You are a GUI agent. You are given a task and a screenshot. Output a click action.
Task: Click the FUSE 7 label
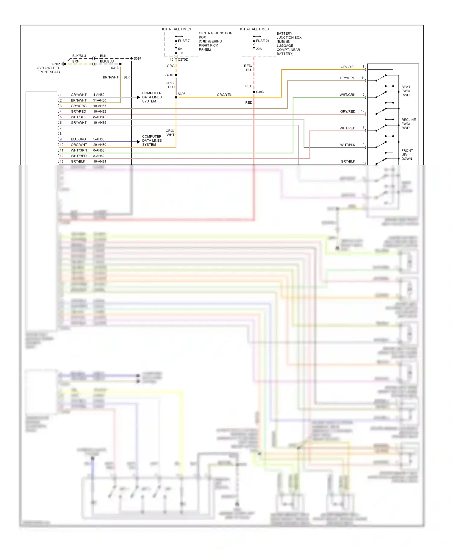point(184,41)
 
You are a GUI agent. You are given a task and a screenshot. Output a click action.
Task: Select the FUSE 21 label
point(262,41)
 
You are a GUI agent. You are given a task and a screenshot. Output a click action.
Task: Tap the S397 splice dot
point(131,58)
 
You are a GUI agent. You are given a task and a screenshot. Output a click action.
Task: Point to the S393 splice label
point(260,92)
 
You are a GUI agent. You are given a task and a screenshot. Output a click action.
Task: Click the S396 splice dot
point(176,97)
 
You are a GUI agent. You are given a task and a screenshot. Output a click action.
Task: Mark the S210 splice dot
point(176,75)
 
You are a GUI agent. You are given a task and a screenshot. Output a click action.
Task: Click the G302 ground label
point(56,64)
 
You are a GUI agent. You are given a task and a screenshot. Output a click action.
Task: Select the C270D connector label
point(183,60)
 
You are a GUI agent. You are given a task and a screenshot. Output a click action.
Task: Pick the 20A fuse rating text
point(259,49)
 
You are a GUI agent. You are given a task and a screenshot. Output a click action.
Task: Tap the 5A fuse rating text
point(180,49)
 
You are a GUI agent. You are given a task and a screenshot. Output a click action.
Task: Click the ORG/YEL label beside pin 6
point(348,67)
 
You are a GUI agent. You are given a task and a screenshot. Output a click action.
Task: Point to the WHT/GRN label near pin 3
point(347,95)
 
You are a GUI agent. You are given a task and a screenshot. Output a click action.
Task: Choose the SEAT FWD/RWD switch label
point(406,91)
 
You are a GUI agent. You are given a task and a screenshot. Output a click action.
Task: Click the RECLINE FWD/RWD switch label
point(408,124)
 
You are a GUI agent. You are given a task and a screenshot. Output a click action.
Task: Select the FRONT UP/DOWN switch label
point(407,155)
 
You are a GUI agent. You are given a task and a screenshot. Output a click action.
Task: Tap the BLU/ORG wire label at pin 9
point(78,139)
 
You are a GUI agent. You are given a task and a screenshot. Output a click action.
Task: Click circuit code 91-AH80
point(99,100)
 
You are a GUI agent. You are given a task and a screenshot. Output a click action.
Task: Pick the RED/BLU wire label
point(248,68)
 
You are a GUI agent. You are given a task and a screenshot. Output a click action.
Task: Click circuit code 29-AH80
point(99,145)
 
